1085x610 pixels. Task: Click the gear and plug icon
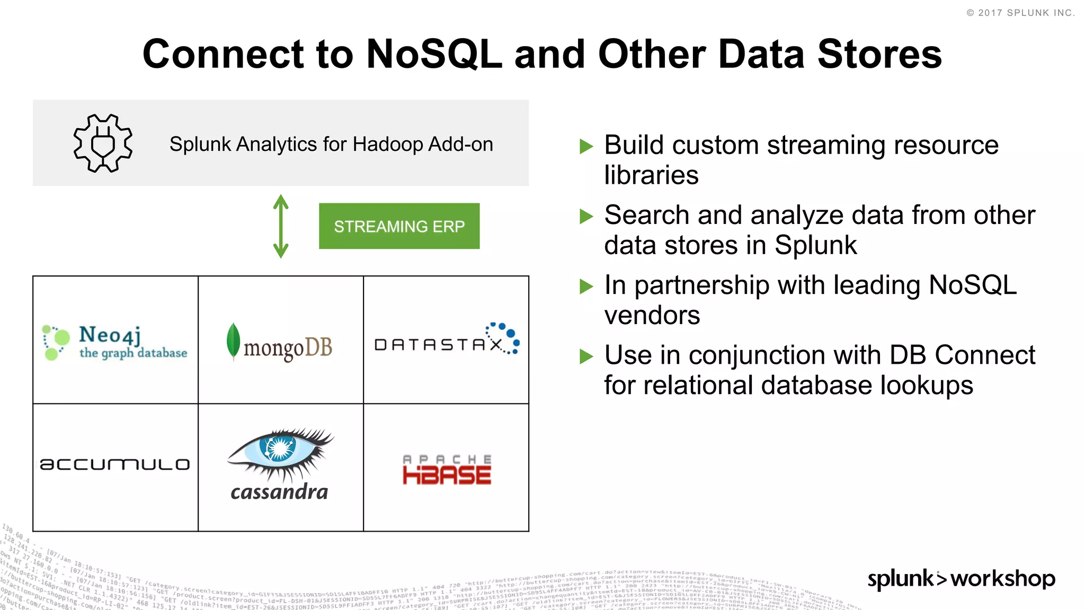[103, 143]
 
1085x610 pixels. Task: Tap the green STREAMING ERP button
[399, 226]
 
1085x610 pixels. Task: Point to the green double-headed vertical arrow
[281, 226]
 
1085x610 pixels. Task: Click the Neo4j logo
[115, 342]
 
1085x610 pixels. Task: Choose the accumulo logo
[115, 464]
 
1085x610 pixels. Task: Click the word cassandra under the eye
[279, 492]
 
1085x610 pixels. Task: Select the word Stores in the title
[879, 54]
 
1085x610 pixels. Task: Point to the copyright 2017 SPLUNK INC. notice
[1020, 13]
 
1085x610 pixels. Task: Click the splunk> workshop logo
[961, 579]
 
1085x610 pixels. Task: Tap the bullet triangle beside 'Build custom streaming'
[586, 146]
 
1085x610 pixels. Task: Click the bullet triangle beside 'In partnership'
[586, 286]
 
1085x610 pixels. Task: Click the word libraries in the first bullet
[651, 175]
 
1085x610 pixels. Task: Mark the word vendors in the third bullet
[652, 316]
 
